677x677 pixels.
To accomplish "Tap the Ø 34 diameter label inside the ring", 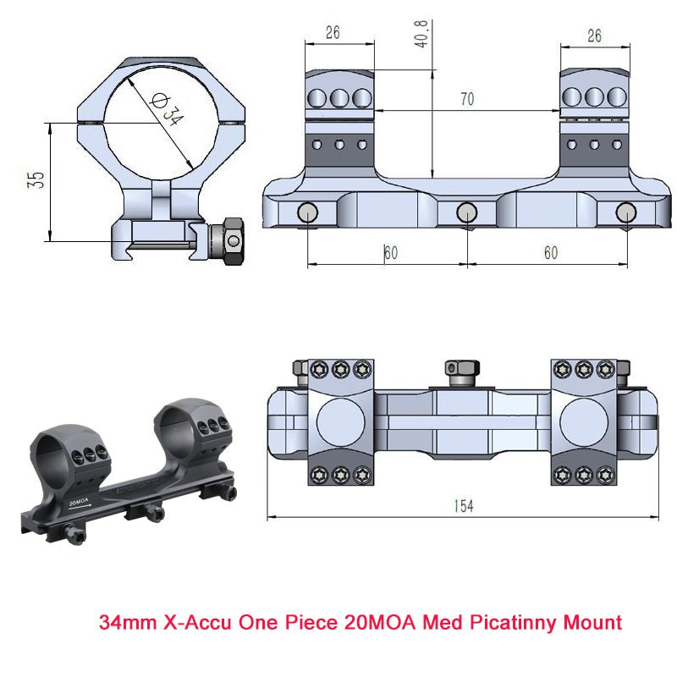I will tap(168, 109).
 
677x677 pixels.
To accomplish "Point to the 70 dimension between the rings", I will tap(466, 99).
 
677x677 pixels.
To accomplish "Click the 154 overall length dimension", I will tap(463, 506).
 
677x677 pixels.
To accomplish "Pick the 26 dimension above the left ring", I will tap(333, 35).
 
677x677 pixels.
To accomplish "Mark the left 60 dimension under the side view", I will tap(390, 253).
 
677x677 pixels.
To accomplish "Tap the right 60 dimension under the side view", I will tap(551, 253).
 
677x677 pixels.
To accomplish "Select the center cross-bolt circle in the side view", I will tap(466, 212).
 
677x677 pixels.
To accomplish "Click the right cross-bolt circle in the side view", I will tap(625, 212).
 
